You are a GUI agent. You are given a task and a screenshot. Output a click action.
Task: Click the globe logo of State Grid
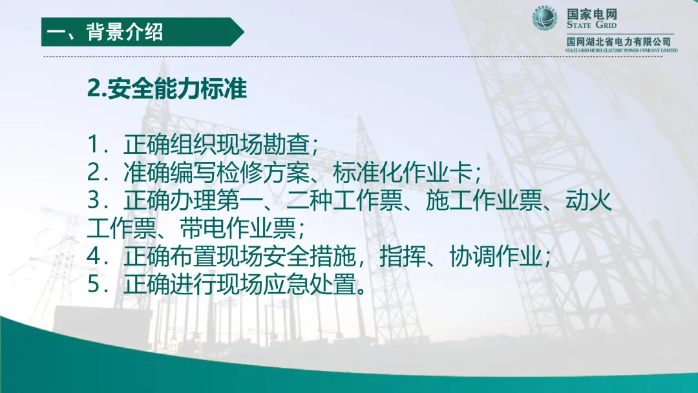[x=545, y=19]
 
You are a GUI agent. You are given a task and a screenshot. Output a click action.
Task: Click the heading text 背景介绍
[x=125, y=32]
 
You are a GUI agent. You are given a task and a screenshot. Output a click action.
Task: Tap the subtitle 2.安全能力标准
[x=167, y=89]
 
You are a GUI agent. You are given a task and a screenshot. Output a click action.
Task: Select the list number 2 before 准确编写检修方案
[x=95, y=173]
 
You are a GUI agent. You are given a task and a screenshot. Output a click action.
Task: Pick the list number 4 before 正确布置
[x=95, y=257]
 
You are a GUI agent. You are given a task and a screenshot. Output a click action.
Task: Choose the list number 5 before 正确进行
[x=95, y=284]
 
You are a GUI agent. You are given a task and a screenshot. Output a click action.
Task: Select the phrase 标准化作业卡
[x=403, y=173]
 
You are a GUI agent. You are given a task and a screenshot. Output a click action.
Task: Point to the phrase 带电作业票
[x=238, y=228]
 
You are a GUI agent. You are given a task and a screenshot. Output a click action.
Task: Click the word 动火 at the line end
[x=589, y=201]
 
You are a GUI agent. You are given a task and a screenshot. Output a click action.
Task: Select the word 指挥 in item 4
[x=403, y=257]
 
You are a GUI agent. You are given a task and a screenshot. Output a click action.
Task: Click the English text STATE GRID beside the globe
[x=591, y=25]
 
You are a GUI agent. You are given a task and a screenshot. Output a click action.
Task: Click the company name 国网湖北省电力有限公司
[x=619, y=42]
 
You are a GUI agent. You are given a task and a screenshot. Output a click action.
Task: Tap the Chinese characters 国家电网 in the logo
[x=591, y=14]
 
